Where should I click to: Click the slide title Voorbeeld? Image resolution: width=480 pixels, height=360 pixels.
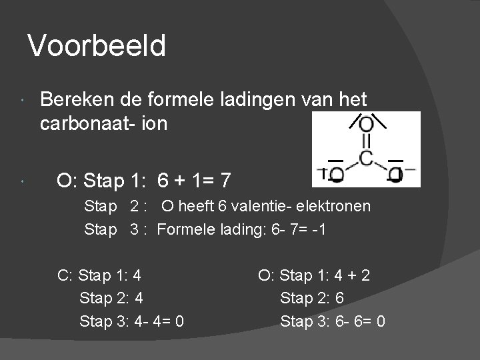(97, 47)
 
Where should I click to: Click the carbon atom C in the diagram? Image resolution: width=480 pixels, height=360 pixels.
(366, 159)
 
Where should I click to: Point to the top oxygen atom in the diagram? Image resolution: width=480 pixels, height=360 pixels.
(366, 124)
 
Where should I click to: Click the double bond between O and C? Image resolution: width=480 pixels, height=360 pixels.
(366, 141)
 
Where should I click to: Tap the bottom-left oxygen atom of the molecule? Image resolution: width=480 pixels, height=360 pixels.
(336, 175)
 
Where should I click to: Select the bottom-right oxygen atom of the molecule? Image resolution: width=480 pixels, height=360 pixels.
(396, 175)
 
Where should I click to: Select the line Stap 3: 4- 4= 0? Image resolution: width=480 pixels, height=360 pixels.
(132, 321)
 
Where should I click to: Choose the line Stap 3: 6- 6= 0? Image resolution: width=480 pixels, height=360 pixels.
(333, 321)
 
